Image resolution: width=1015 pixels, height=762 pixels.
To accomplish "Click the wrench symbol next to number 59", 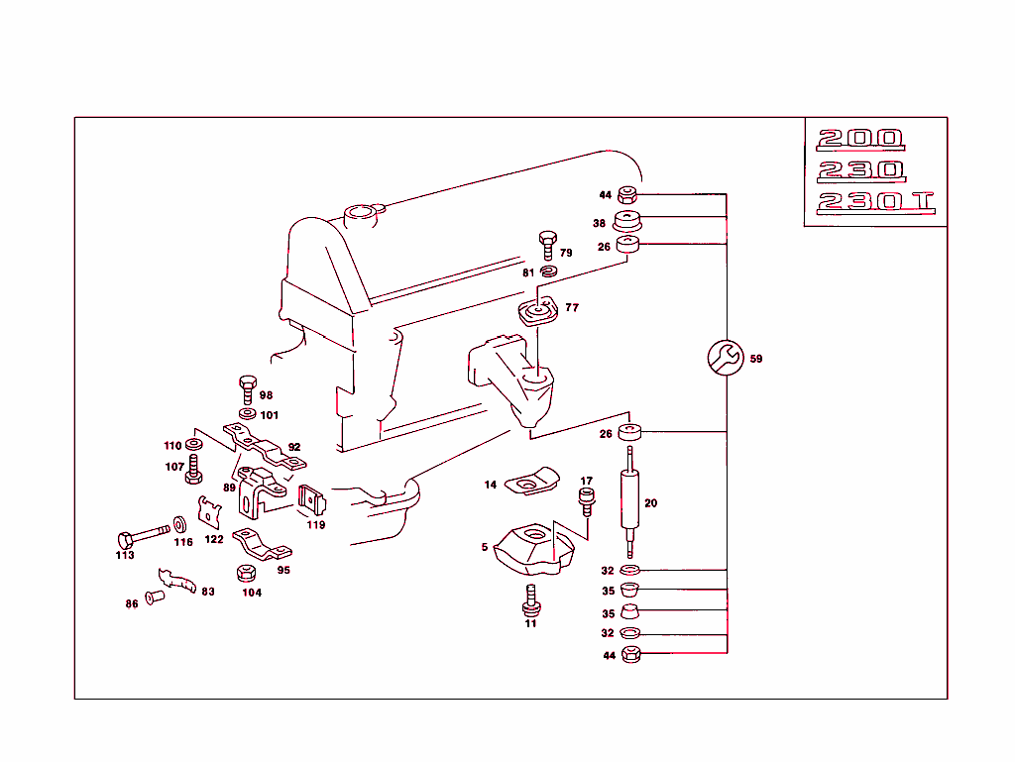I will point(725,358).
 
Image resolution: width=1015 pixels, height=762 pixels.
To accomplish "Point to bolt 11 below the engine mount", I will point(531,599).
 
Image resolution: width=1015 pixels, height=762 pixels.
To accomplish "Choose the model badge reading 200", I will point(859,139).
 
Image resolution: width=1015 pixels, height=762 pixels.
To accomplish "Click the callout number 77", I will point(572,308).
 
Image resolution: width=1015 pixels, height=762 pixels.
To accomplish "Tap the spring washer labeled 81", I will point(548,272).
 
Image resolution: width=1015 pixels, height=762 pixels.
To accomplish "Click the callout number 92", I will point(294,447).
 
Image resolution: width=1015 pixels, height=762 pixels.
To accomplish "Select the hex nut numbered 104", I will point(247,574).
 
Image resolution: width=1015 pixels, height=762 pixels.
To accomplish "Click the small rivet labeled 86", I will point(153,599).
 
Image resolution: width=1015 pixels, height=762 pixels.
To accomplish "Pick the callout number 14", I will point(491,485).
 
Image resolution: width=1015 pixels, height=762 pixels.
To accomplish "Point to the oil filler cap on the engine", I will point(358,213).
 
